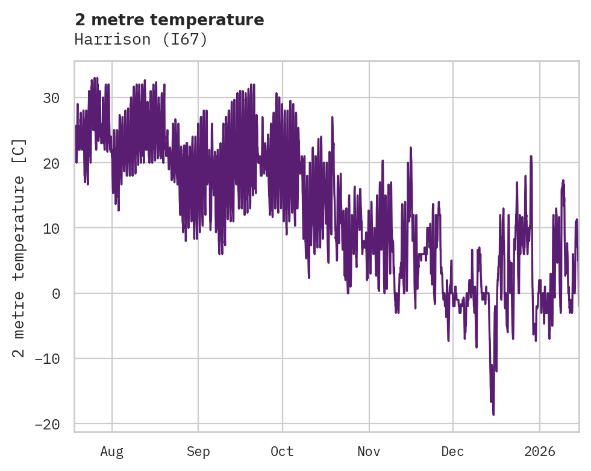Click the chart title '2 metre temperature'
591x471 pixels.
coord(169,20)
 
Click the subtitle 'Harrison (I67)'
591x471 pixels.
coord(141,40)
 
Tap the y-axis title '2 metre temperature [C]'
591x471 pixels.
coord(19,248)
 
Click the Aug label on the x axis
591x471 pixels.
coord(111,452)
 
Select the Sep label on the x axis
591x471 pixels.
coord(198,452)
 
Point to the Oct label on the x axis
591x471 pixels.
coord(282,452)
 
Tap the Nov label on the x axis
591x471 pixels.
coord(369,452)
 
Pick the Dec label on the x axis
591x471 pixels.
coord(452,452)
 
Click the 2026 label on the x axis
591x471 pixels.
coord(539,452)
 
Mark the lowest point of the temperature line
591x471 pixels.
coord(493,414)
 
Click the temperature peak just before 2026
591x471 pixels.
coord(531,156)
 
